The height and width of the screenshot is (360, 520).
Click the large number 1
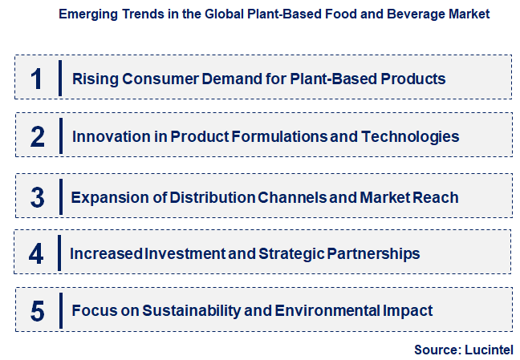pos(36,79)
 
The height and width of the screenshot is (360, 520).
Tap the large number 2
pos(37,136)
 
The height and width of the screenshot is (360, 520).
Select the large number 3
pos(37,196)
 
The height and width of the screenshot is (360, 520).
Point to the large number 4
pos(36,254)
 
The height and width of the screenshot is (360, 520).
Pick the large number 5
pos(37,311)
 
